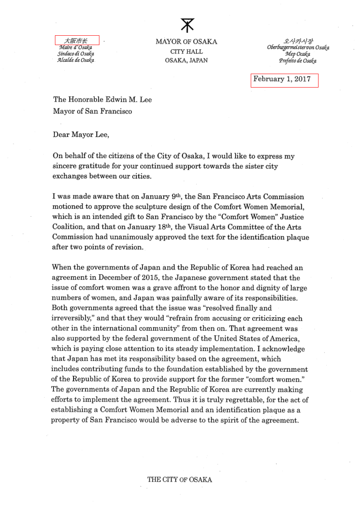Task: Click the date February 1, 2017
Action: click(x=284, y=80)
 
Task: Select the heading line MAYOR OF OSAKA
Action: click(x=186, y=42)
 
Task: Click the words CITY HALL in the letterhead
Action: click(x=186, y=51)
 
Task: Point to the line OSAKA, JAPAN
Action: click(x=186, y=60)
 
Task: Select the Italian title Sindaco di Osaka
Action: click(x=76, y=54)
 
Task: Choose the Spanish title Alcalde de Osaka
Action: click(x=76, y=60)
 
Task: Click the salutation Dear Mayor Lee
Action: click(x=81, y=135)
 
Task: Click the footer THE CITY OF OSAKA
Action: click(x=180, y=480)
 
